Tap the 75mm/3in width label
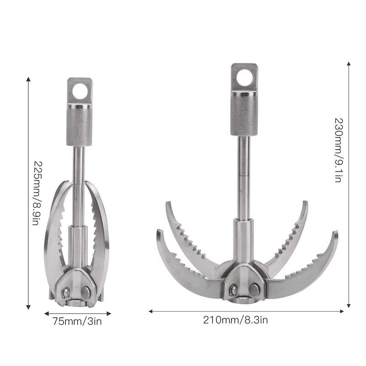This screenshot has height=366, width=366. point(77,321)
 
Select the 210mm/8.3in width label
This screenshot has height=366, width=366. point(236,320)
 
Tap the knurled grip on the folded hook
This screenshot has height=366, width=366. point(80,124)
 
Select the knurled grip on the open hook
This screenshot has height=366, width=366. point(244,112)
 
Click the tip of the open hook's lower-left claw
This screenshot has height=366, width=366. point(159,231)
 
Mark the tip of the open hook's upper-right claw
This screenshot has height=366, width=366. point(306,203)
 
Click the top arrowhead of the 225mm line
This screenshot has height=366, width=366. point(28,79)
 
